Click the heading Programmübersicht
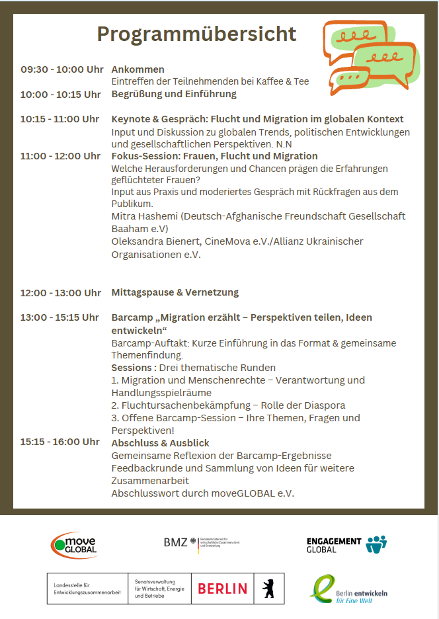tap(196, 34)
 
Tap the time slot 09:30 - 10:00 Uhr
tap(62, 69)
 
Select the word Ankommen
tap(138, 69)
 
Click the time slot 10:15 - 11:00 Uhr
tap(60, 119)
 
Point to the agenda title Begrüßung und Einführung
tap(174, 94)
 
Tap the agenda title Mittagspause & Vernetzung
tap(175, 292)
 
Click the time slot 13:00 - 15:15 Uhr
tap(60, 317)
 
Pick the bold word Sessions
tap(132, 368)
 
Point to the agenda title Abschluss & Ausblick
tap(161, 442)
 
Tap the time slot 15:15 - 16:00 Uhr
tap(60, 442)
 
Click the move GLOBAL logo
tap(75, 544)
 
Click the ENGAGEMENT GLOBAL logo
tap(346, 544)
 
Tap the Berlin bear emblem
tap(268, 588)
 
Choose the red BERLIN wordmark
tap(222, 588)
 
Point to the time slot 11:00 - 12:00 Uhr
tap(60, 156)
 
